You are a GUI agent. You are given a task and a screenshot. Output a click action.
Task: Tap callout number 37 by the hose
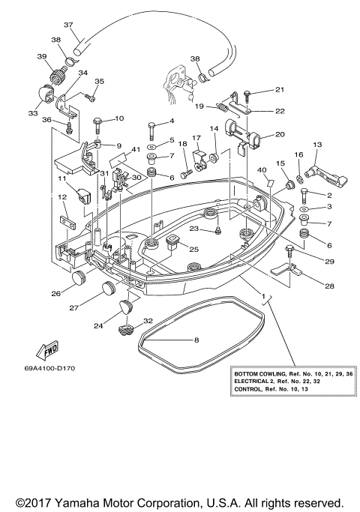pos(68,25)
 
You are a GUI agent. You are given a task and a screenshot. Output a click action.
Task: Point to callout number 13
pos(316,145)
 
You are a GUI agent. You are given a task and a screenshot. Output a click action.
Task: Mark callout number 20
pos(279,135)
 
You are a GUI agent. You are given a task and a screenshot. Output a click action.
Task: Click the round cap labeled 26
pos(79,279)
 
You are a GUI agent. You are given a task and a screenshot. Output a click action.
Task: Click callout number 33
pos(33,113)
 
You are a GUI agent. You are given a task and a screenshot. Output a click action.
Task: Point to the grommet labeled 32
pos(127,328)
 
